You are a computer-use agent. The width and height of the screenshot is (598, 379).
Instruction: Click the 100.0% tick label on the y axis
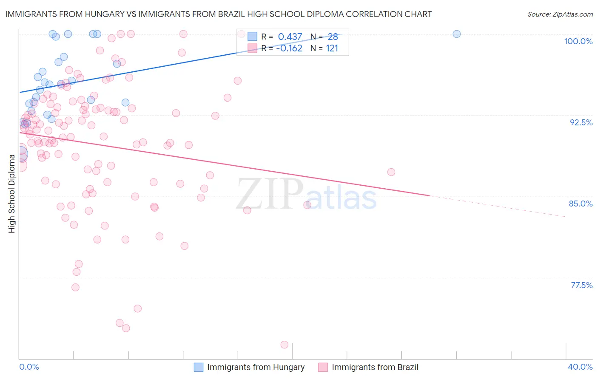pyautogui.click(x=578, y=41)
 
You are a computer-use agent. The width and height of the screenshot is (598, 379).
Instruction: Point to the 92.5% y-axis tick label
pyautogui.click(x=581, y=122)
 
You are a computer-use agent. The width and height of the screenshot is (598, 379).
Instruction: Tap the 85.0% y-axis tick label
pyautogui.click(x=581, y=204)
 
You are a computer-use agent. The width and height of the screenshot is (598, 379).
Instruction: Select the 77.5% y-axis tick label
pyautogui.click(x=581, y=285)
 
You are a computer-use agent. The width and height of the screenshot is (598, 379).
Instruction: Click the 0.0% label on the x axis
pyautogui.click(x=29, y=367)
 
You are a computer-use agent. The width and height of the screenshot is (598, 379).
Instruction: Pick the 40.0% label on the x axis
pyautogui.click(x=580, y=367)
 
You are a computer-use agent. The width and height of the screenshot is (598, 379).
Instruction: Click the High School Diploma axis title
pyautogui.click(x=12, y=193)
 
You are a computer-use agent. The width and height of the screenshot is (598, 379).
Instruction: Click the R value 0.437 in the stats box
pyautogui.click(x=290, y=37)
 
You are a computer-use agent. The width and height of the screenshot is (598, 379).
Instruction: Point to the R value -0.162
pyautogui.click(x=289, y=48)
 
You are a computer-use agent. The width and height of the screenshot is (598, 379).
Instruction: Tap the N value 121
pyautogui.click(x=332, y=48)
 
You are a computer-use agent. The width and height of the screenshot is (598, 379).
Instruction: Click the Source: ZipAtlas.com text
pyautogui.click(x=560, y=14)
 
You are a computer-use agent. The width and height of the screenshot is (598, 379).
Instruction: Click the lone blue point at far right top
pyautogui.click(x=456, y=34)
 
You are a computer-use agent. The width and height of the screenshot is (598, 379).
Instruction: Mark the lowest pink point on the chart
pyautogui.click(x=285, y=345)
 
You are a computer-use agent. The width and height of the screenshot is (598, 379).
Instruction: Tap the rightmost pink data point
pyautogui.click(x=391, y=172)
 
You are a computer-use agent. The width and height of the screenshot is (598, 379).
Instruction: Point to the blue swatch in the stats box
pyautogui.click(x=253, y=37)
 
